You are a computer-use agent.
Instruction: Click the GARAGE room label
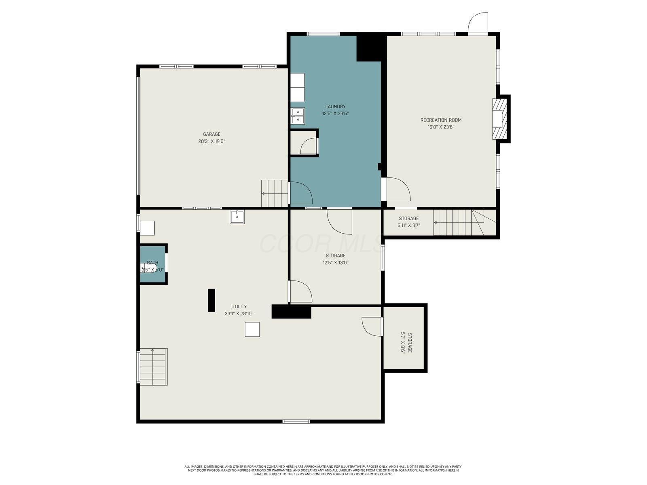tap(211, 134)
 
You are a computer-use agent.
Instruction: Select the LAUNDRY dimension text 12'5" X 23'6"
tap(335, 114)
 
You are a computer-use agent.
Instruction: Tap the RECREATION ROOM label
tap(441, 120)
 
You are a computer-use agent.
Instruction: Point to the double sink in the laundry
tap(298, 115)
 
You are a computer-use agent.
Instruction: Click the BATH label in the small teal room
tap(152, 263)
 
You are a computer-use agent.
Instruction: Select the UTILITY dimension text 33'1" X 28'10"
tap(239, 314)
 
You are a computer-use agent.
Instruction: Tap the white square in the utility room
tap(252, 329)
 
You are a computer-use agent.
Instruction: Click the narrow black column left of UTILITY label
tap(211, 300)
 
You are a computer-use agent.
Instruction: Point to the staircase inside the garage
tap(275, 193)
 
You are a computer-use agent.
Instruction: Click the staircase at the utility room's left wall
tap(153, 367)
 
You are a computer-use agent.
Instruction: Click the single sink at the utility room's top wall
tap(237, 217)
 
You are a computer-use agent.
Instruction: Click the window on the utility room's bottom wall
tap(296, 422)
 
